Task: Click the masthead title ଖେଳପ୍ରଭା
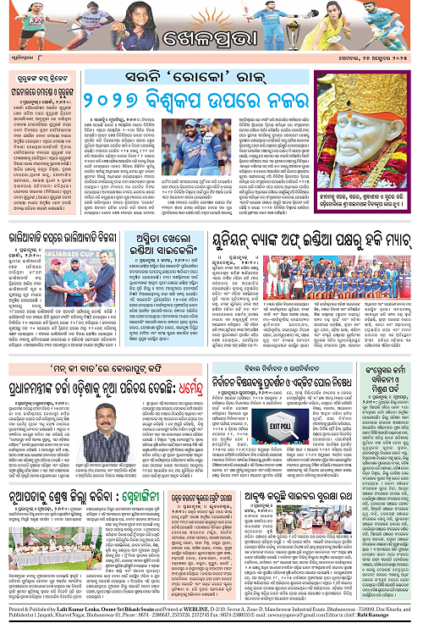coord(211,41)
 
